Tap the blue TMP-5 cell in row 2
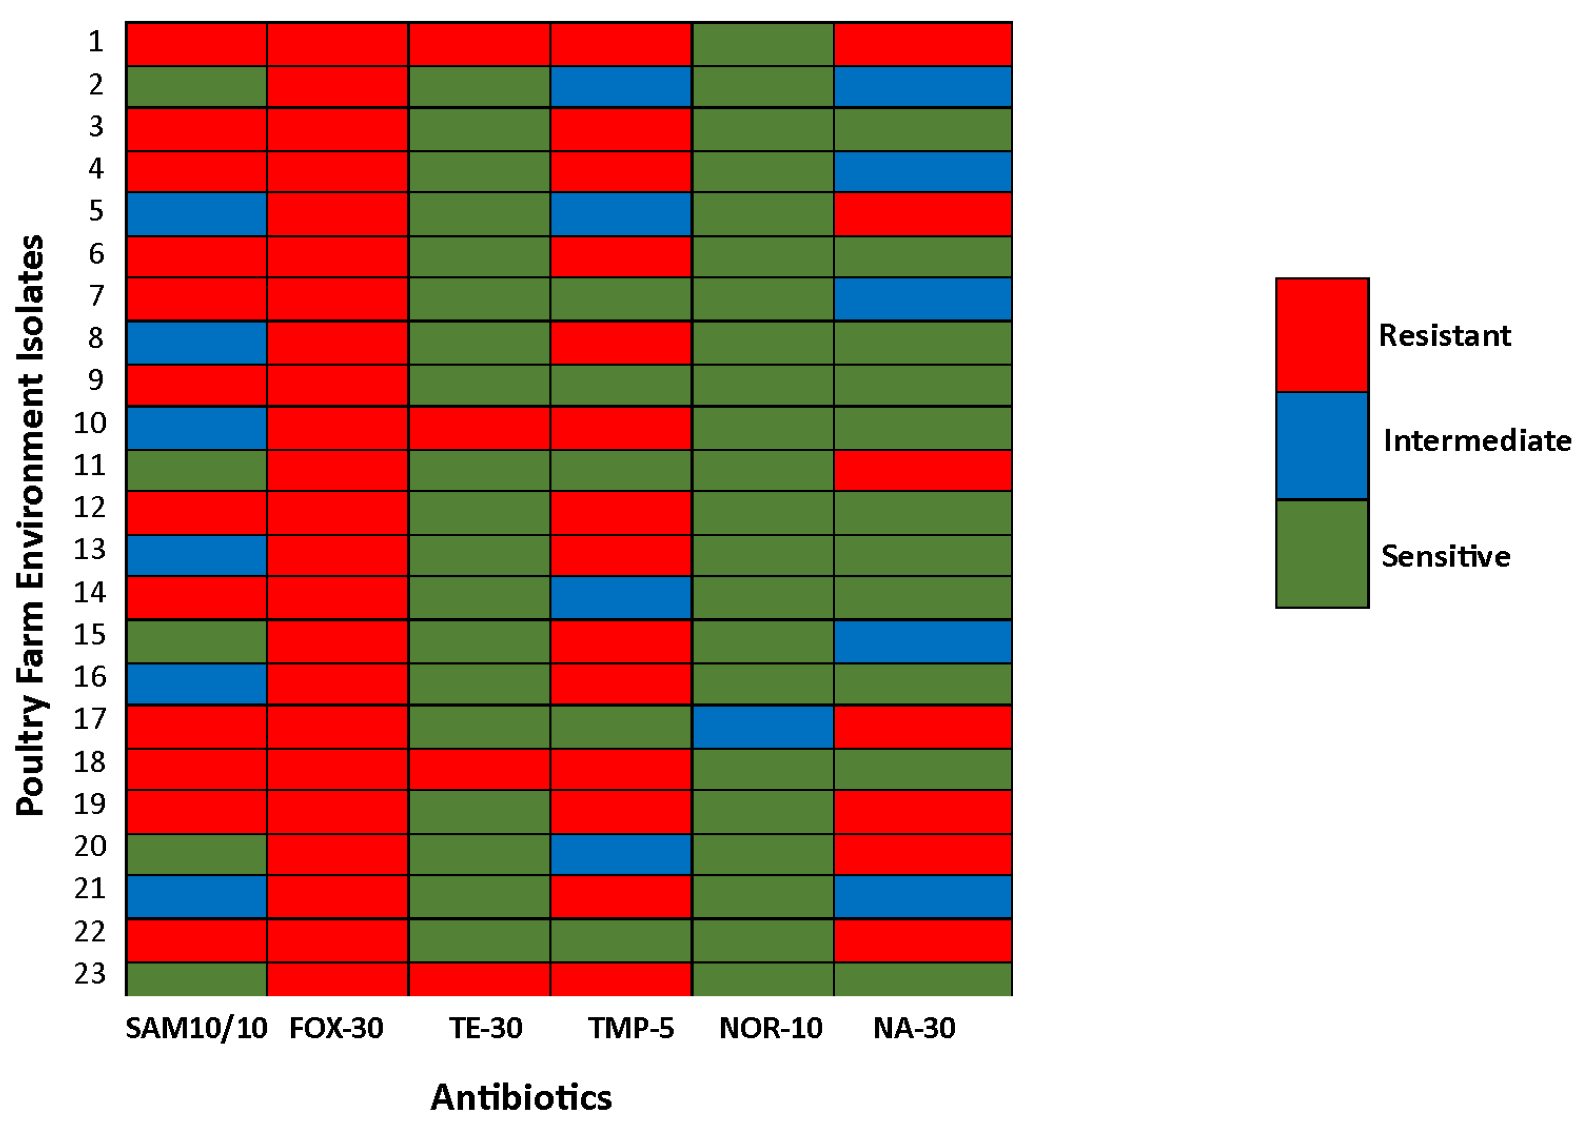coord(621,87)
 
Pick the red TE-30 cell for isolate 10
coord(479,428)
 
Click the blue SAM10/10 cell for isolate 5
coord(196,214)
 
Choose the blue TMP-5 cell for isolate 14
coord(621,598)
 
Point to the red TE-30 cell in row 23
coord(479,978)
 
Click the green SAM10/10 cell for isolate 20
coord(196,854)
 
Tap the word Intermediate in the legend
coord(1477,441)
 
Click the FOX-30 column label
coord(336,1028)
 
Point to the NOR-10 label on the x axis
coord(771,1028)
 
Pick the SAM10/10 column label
coord(196,1028)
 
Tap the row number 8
coord(95,338)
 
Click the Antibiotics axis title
coord(521,1097)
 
